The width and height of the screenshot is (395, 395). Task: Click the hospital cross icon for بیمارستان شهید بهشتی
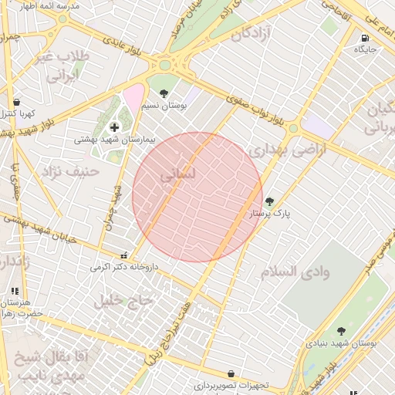click(115, 127)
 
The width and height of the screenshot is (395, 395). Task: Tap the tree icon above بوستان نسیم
click(163, 93)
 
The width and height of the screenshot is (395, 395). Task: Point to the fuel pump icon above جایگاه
click(363, 37)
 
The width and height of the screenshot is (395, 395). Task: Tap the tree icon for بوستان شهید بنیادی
click(341, 331)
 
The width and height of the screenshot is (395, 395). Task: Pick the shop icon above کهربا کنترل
click(16, 102)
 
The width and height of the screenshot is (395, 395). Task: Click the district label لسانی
click(178, 176)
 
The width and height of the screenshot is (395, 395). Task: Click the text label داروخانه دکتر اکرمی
click(124, 267)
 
